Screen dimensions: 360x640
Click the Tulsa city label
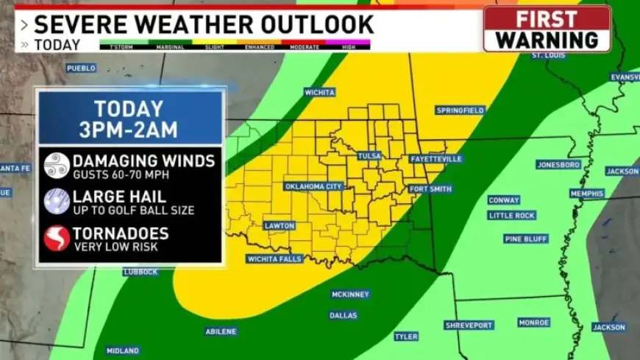369,156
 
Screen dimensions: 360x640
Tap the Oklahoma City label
313,186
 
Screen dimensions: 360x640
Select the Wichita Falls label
274,259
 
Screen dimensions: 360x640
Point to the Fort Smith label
430,189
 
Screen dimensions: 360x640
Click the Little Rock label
512,216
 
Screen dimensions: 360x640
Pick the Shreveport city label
469,325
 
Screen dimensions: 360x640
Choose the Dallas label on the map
343,315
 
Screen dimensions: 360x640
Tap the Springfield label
461,110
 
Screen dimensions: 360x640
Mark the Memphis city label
586,194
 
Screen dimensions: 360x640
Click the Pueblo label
81,68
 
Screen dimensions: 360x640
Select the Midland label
122,351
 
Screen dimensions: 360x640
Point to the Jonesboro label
558,165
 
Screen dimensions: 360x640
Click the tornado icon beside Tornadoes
57,238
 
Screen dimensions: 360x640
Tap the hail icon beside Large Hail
57,201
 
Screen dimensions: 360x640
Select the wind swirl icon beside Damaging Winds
57,165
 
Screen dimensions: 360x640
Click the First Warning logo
547,29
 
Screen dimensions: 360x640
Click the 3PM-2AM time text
129,130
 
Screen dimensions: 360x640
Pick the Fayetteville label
435,159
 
